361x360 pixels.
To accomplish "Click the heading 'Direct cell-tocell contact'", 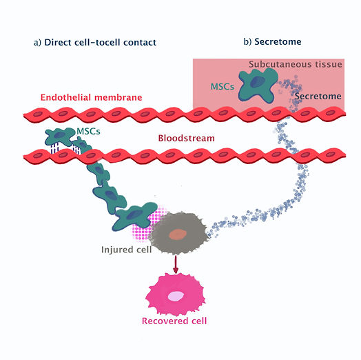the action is pos(100,42).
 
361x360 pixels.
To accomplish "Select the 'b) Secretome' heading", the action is pos(272,41).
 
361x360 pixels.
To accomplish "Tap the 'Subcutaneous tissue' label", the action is pos(296,64).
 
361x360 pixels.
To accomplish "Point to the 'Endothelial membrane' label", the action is pos(91,97).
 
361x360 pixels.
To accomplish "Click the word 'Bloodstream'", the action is pos(187,139).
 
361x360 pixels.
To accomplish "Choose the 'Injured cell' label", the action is pos(126,250).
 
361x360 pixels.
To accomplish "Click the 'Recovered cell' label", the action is pos(174,321).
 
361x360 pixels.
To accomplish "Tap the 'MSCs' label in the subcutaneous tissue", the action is pos(223,87).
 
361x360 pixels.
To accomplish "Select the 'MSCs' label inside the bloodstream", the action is pos(88,131).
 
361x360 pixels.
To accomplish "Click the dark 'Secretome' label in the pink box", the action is pos(318,96).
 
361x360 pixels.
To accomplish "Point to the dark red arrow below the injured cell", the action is pos(176,264).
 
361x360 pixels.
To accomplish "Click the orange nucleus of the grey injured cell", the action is pos(178,234).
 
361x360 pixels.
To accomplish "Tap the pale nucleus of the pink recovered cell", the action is pos(176,296).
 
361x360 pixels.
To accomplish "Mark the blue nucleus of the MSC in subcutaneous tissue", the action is pos(258,82).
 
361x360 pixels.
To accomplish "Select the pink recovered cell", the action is pos(176,294).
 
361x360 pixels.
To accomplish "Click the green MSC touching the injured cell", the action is pos(134,216).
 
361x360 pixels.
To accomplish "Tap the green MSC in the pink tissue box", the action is pos(258,84).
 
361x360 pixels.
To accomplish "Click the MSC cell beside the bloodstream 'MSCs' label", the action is pos(60,137).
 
